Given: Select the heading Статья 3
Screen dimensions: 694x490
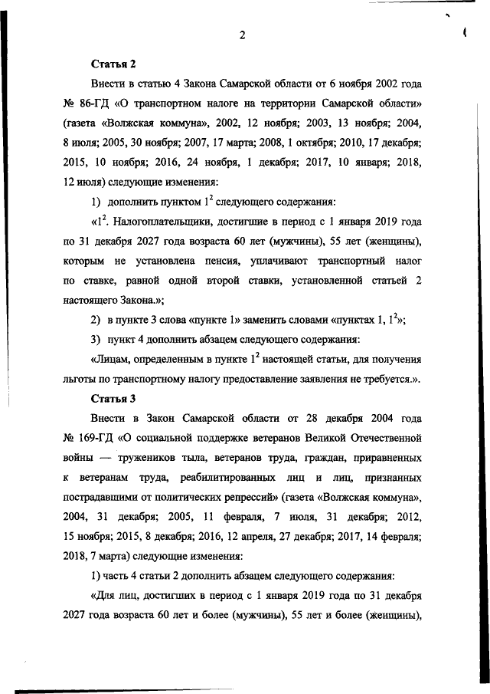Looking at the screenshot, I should (x=113, y=399).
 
